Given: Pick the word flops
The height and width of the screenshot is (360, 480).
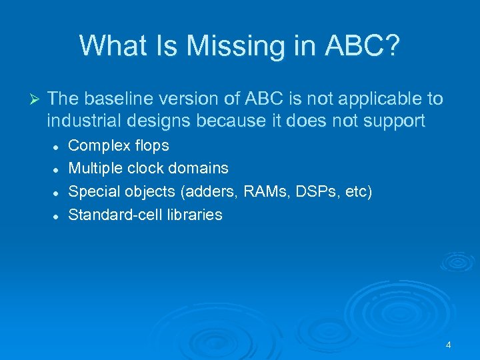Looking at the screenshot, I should click(149, 145).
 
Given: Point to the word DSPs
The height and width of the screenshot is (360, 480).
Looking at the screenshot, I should click(312, 191).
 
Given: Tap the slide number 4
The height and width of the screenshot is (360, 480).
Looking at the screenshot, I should click(448, 345).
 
